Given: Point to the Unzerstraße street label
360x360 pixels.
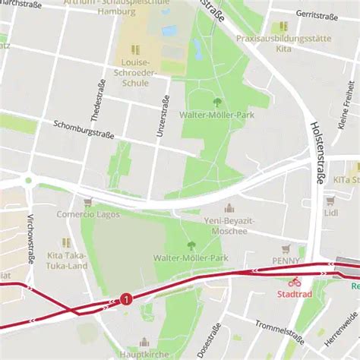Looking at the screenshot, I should coord(161,116).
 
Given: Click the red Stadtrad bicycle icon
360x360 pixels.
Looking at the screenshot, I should coord(294,282).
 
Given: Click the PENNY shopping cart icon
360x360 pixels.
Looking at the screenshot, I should coord(286,249).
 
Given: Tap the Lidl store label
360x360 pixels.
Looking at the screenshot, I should coord(330,213).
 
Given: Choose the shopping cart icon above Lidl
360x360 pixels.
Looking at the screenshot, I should coord(330,201).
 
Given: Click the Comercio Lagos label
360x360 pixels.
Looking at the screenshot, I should coord(87,214).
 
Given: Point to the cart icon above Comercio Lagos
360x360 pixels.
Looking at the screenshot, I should coord(87,202).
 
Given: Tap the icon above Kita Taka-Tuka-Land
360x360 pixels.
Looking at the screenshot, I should coord(66,242).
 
